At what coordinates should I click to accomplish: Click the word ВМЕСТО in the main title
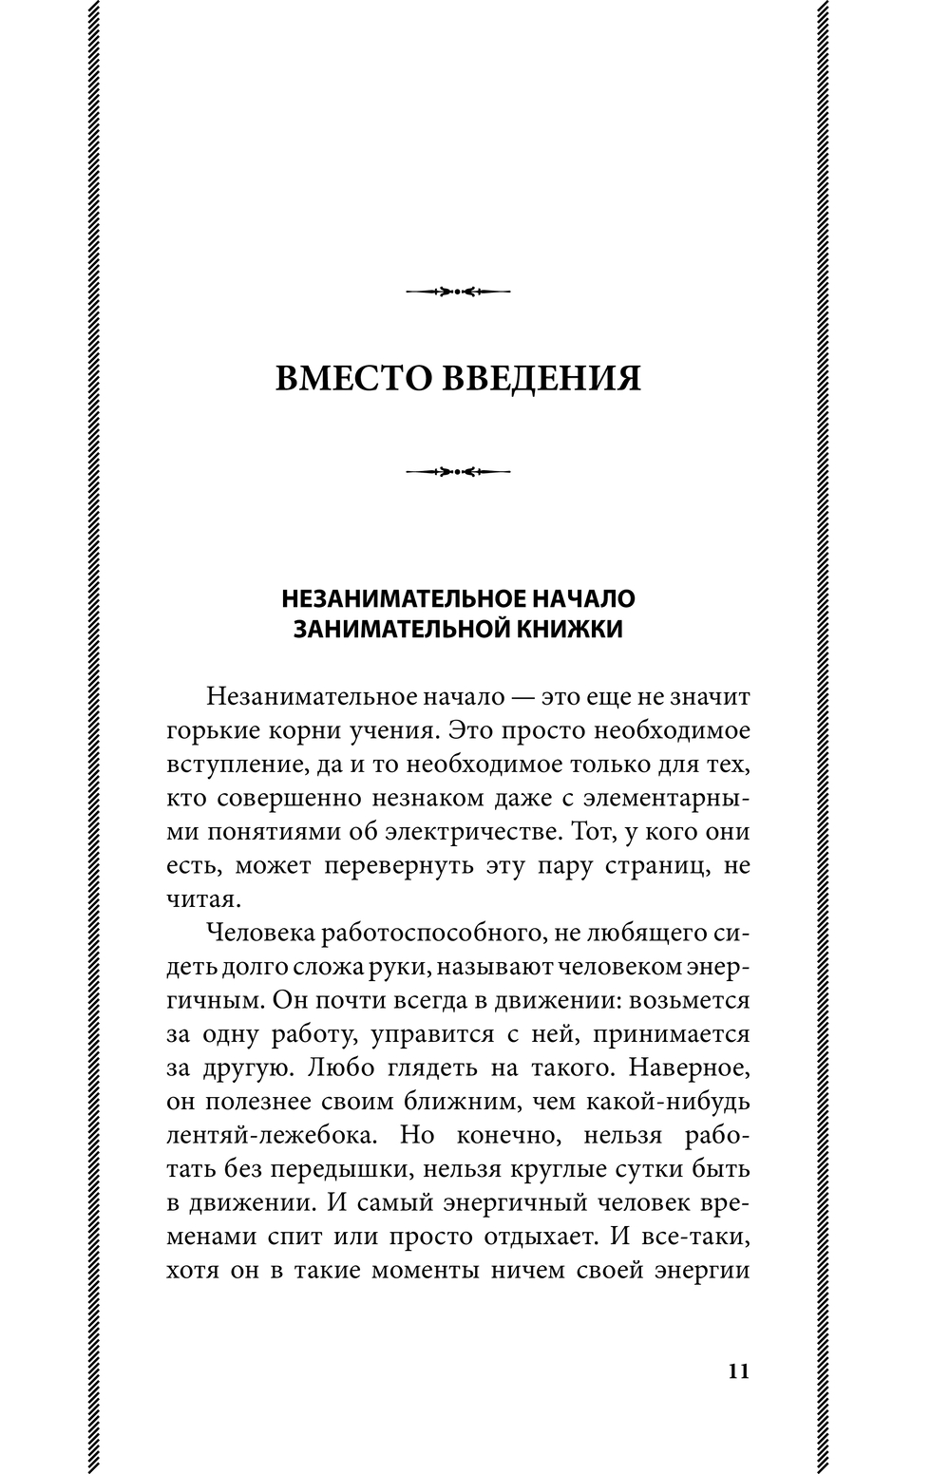click(351, 378)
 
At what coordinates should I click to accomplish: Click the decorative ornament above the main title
click(458, 291)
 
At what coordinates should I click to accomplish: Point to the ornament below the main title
click(458, 470)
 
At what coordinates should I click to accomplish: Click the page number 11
click(738, 1370)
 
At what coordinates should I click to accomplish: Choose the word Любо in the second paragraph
click(332, 1068)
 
